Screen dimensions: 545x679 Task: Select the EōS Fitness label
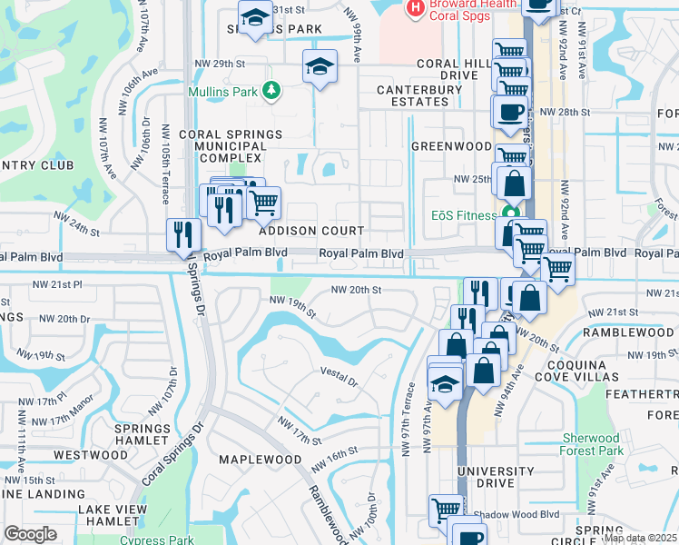point(463,216)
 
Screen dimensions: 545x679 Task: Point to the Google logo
point(30,534)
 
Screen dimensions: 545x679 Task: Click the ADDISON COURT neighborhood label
point(312,232)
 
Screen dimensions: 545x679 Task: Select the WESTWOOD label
point(91,454)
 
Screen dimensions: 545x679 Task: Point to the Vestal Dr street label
point(341,372)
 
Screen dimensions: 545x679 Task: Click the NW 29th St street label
point(220,64)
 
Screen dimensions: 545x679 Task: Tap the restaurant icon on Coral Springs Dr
point(184,234)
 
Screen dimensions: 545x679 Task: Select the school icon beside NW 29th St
point(320,67)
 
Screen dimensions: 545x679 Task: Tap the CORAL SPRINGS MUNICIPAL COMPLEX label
point(223,145)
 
